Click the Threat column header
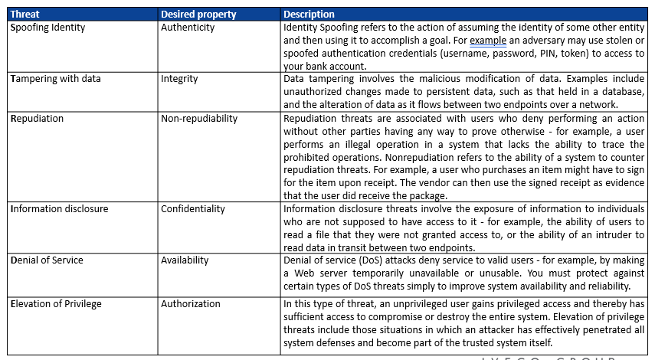pos(26,14)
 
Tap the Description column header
pos(309,14)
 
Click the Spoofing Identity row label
pos(47,27)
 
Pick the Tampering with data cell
pos(55,78)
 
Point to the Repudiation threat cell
pos(37,118)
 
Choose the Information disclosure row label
pos(59,208)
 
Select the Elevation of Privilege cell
pos(55,303)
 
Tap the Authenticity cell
pos(188,27)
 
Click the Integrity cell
pos(179,78)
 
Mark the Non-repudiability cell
pos(199,118)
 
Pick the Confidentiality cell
pos(193,208)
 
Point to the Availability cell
pos(185,260)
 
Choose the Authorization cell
pos(188,303)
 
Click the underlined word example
pos(487,40)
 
